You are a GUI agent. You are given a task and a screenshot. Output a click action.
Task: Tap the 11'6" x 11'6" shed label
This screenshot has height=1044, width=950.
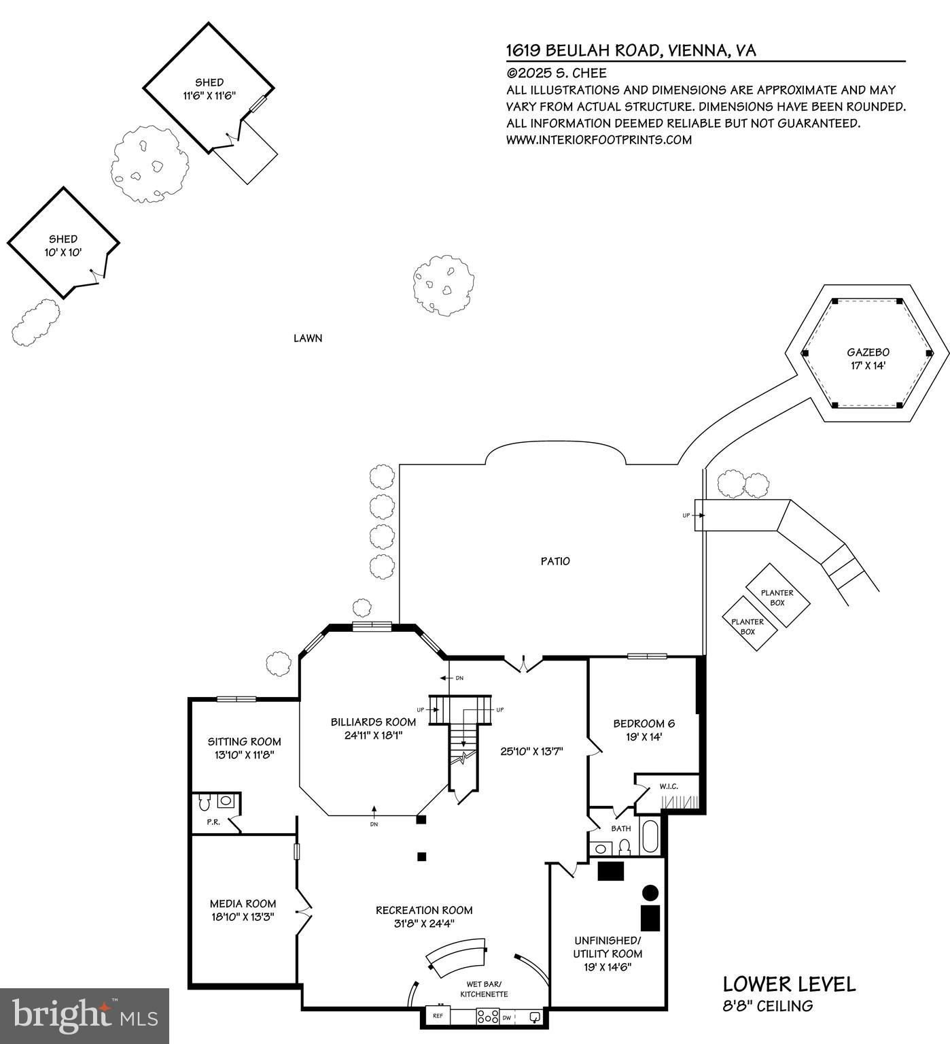pyautogui.click(x=209, y=89)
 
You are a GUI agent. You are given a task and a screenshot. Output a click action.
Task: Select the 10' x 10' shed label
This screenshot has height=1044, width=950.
pyautogui.click(x=63, y=246)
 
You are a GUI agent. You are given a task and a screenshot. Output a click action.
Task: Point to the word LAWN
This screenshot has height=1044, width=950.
pyautogui.click(x=308, y=338)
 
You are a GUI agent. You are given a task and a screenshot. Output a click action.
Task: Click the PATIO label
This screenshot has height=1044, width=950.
pyautogui.click(x=555, y=561)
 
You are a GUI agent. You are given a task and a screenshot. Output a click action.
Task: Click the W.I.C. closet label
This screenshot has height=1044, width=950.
pyautogui.click(x=669, y=787)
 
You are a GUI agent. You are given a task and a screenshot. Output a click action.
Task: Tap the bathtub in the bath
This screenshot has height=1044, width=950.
pyautogui.click(x=650, y=837)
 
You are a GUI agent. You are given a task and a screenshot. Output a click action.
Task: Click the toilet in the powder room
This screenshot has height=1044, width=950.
pyautogui.click(x=204, y=803)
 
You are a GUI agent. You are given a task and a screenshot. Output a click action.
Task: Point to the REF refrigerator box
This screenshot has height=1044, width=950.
pyautogui.click(x=438, y=1016)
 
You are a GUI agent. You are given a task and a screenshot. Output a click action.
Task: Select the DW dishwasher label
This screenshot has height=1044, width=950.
pyautogui.click(x=507, y=1018)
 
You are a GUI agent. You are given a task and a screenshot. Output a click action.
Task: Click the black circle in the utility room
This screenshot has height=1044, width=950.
pyautogui.click(x=650, y=892)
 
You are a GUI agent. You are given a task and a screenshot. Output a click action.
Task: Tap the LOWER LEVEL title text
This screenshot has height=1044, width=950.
pyautogui.click(x=789, y=984)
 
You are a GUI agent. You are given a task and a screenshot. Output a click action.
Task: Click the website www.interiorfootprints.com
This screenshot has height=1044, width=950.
pyautogui.click(x=599, y=140)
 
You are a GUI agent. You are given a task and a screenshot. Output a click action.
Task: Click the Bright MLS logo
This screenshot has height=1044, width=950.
pyautogui.click(x=84, y=1015)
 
